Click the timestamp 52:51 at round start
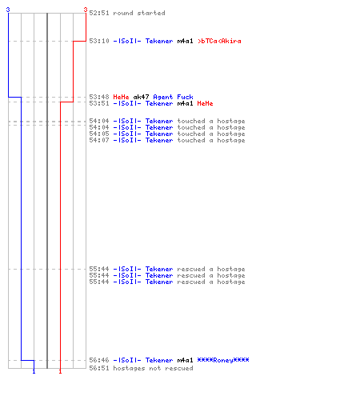coord(99,13)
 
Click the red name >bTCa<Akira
coord(219,41)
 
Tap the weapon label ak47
coord(141,97)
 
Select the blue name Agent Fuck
coord(173,97)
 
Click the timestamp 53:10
coord(99,41)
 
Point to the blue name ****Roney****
coord(223,360)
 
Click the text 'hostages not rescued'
coord(153,368)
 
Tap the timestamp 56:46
coord(99,360)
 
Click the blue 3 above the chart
coord(8,10)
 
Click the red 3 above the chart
coord(86,10)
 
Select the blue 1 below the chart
coord(34,371)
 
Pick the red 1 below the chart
coord(60,371)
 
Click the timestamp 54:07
coord(99,140)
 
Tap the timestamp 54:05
coord(99,134)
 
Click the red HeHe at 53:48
coord(121,97)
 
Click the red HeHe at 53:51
coord(205,103)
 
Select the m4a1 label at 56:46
coord(185,360)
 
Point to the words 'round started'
coord(139,13)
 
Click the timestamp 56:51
coord(99,368)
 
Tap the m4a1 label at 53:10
coord(185,41)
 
